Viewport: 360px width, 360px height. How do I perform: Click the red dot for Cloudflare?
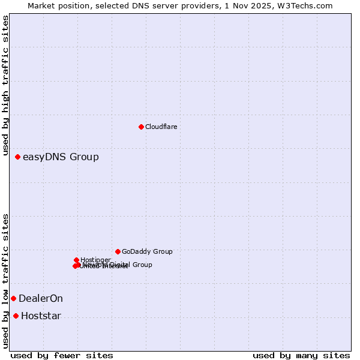[141, 127]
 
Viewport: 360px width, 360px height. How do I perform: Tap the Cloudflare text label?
[161, 127]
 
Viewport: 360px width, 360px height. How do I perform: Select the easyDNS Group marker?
[17, 157]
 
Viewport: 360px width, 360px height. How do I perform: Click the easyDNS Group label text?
[61, 157]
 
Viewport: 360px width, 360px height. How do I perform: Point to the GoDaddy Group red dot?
[118, 251]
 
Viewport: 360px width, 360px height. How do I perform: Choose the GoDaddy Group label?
[147, 252]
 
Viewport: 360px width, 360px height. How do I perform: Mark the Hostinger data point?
[76, 260]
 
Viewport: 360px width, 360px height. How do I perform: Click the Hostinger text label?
[95, 260]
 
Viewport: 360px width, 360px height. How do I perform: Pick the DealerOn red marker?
[13, 298]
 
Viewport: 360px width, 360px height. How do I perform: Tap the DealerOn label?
[41, 299]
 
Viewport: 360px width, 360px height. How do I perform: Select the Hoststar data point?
[16, 316]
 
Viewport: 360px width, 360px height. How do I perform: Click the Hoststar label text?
[41, 316]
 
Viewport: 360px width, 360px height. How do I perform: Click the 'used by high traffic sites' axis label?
[5, 88]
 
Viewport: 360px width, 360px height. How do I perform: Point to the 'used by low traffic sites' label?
[5, 281]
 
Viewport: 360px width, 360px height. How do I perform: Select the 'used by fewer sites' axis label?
[62, 356]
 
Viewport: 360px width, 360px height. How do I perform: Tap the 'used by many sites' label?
[301, 356]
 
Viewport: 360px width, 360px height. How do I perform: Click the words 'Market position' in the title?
[56, 5]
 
